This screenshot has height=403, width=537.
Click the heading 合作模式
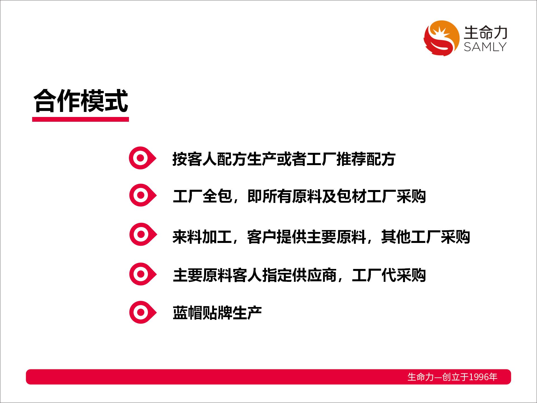tap(81, 101)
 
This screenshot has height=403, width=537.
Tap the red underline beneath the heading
tap(81, 120)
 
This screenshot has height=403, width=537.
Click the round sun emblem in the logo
tap(441, 38)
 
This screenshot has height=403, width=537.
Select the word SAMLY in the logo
tap(485, 47)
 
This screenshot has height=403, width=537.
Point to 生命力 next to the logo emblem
tap(486, 33)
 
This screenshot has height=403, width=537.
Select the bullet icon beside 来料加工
tap(143, 235)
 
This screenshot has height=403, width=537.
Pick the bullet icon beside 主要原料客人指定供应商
tap(143, 274)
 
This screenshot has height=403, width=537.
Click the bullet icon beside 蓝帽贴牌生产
tap(143, 313)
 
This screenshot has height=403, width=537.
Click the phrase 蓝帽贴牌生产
tap(217, 313)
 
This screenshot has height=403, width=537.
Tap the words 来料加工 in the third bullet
tap(202, 237)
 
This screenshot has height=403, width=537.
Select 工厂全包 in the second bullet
tap(202, 196)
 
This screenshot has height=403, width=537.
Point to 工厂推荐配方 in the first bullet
tap(351, 159)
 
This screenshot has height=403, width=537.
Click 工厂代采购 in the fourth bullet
tap(389, 275)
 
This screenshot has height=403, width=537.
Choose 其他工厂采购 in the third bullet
tap(425, 237)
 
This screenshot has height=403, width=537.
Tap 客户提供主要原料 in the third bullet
tap(307, 237)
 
